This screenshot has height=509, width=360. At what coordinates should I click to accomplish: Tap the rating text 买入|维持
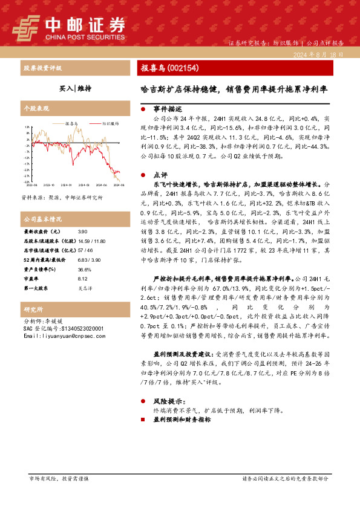[76, 88]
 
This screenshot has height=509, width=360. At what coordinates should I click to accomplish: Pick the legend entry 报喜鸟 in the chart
[71, 123]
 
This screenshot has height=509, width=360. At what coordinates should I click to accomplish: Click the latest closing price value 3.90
[82, 232]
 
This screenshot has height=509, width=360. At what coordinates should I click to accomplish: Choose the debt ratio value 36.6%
[84, 270]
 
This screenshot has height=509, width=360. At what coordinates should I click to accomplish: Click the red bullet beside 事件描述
[143, 109]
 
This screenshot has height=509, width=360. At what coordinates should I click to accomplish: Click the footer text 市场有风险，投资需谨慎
[59, 495]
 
